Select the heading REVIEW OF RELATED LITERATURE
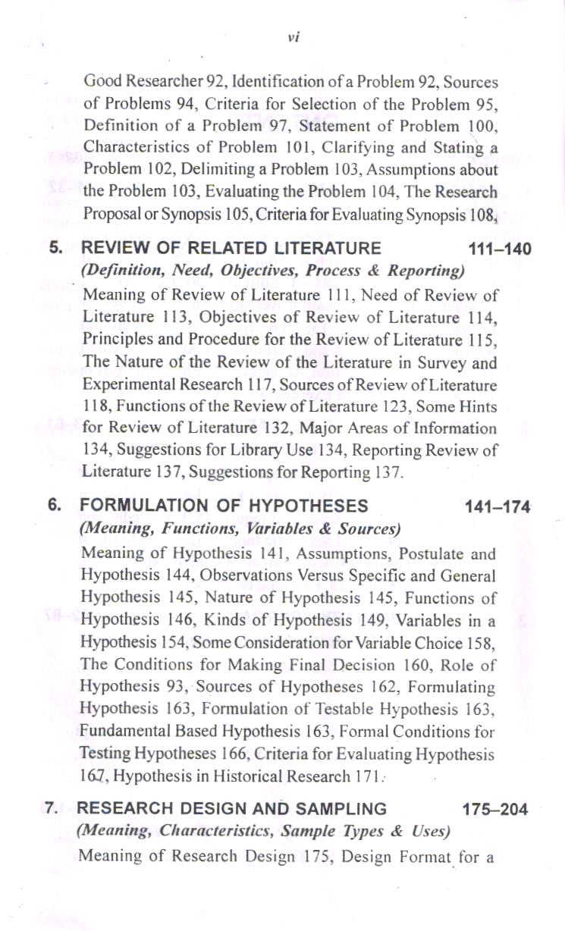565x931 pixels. click(231, 248)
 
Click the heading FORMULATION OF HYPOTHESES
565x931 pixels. click(224, 506)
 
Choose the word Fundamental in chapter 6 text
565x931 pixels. click(126, 732)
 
